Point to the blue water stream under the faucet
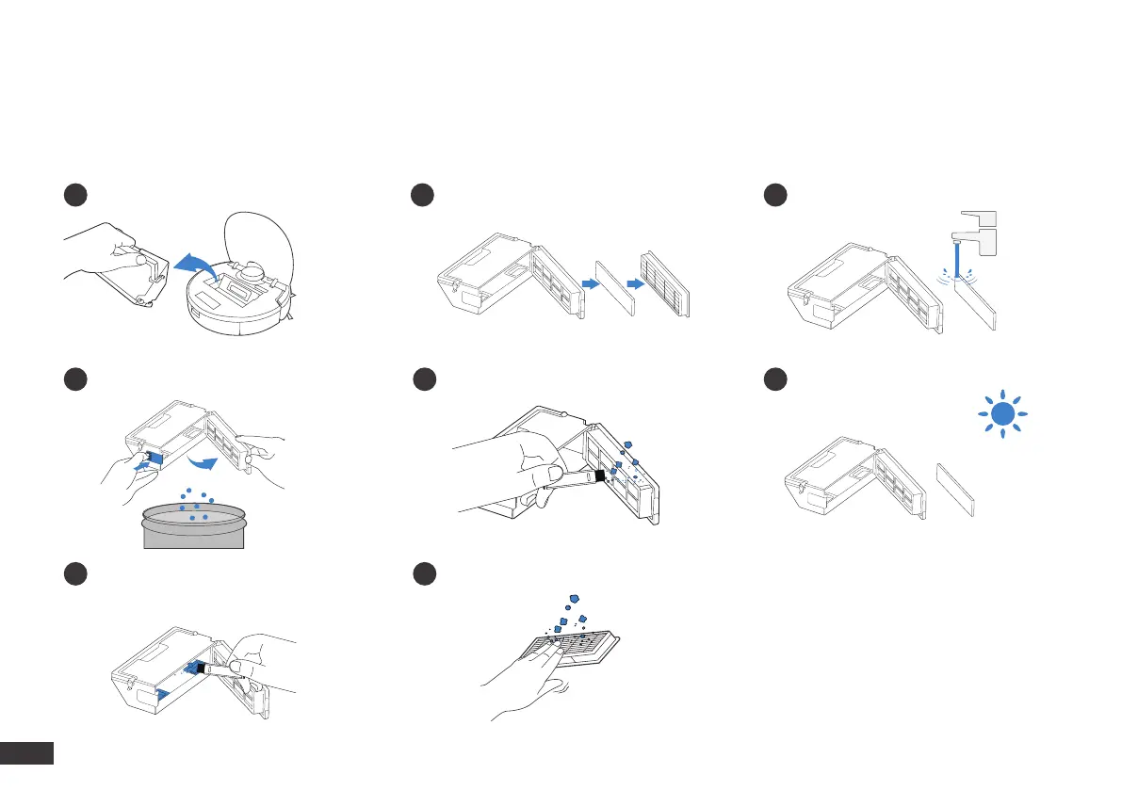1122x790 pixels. [x=957, y=258]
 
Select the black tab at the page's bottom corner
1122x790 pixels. [x=27, y=753]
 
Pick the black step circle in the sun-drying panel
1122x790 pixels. [x=776, y=379]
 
